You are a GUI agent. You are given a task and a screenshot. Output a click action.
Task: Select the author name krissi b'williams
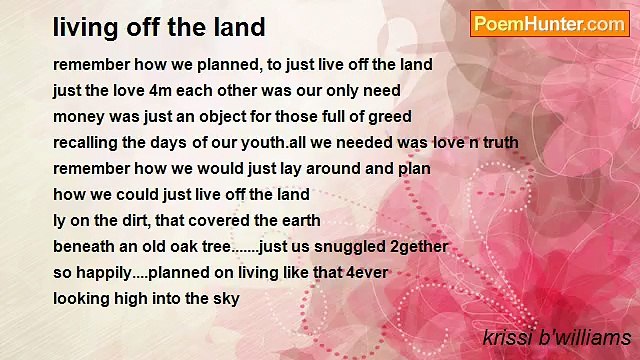click(x=556, y=337)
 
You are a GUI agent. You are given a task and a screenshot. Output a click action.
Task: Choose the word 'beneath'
click(x=83, y=246)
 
